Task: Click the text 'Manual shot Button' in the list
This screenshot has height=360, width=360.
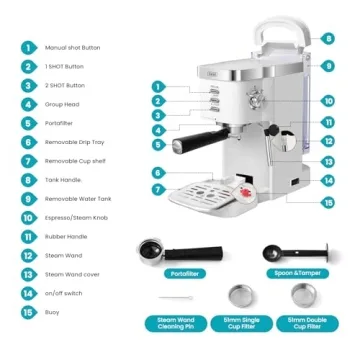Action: tap(72, 47)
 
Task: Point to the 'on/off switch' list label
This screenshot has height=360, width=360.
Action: tap(64, 292)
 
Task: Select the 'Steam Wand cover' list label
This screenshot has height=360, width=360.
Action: tap(72, 273)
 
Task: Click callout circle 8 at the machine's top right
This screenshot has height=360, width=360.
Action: tap(327, 39)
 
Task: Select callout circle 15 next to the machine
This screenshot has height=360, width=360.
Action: tap(327, 203)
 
